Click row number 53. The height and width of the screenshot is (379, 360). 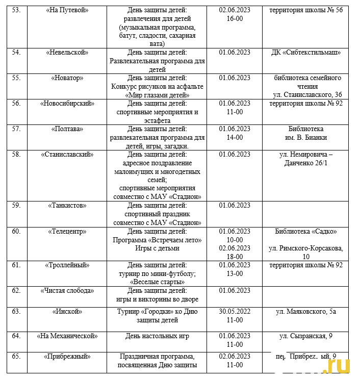pos(16,10)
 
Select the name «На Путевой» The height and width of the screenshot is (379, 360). pos(67,10)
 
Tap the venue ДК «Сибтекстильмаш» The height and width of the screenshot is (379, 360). pos(306,53)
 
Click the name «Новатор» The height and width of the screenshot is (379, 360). pos(67,78)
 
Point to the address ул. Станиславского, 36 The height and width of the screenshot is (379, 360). pos(307,95)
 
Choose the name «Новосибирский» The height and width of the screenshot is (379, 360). pos(67,104)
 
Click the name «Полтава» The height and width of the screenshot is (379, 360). pos(67,129)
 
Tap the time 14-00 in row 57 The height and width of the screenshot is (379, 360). pos(235,137)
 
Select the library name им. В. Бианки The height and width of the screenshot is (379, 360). pos(306,137)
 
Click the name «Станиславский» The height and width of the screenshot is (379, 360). pos(67,155)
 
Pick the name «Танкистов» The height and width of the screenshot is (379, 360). pos(67,206)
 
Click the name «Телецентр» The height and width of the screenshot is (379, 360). pos(67,231)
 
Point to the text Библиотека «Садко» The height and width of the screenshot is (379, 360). pos(306,231)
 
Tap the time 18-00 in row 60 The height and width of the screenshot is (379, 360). pos(235,257)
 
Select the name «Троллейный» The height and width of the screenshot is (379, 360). pos(67,265)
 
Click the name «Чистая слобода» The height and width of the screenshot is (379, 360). pos(67,291)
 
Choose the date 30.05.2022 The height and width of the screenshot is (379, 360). pos(235,312)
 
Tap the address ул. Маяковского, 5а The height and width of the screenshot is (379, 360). pos(306,312)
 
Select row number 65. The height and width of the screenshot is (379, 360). pos(16,357)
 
